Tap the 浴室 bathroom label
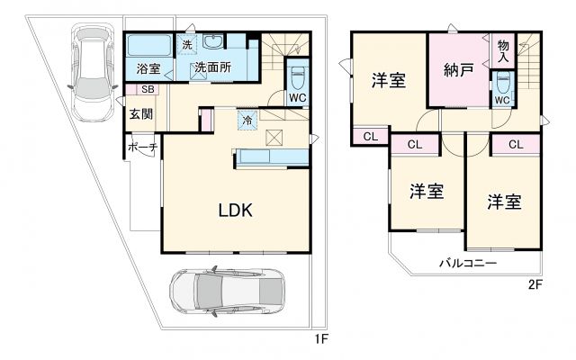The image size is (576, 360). click(x=148, y=67)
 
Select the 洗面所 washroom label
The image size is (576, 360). click(x=214, y=67)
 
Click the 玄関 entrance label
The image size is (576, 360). click(x=139, y=113)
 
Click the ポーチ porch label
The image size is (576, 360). click(x=142, y=146)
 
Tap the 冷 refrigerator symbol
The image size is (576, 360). click(x=247, y=119)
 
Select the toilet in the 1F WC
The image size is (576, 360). click(x=299, y=75)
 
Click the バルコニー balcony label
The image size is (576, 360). click(x=468, y=264)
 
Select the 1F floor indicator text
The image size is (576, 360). click(x=319, y=339)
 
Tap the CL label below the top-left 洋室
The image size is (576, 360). click(x=370, y=136)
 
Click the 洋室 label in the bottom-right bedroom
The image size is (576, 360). click(x=504, y=201)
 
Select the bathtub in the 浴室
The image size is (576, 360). click(x=148, y=45)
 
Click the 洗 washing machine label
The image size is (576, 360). click(x=187, y=44)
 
